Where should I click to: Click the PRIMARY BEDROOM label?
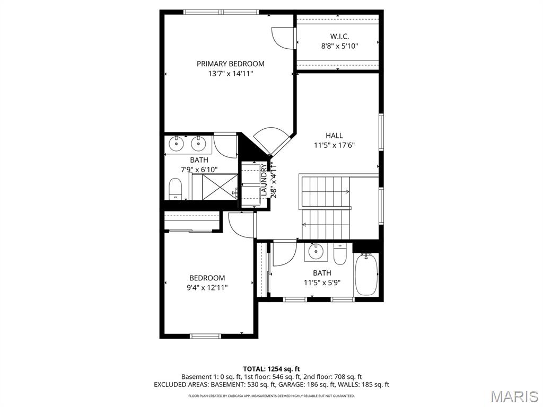point(230,64)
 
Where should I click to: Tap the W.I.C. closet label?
point(339,36)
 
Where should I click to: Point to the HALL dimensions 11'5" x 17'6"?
point(334,145)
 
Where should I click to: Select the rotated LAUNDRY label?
point(264,180)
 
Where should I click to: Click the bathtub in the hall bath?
point(366,275)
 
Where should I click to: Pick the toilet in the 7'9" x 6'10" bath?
point(175,189)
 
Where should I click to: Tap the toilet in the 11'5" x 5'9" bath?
point(340,254)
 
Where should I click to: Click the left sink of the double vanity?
point(177,143)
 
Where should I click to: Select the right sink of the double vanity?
point(198,143)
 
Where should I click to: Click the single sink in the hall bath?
point(316,252)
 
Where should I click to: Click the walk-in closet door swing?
point(283,38)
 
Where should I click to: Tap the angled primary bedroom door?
point(274,140)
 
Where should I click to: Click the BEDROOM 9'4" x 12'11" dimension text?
point(207,288)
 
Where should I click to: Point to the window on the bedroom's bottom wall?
point(205,335)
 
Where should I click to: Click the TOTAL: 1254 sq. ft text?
point(271,369)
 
